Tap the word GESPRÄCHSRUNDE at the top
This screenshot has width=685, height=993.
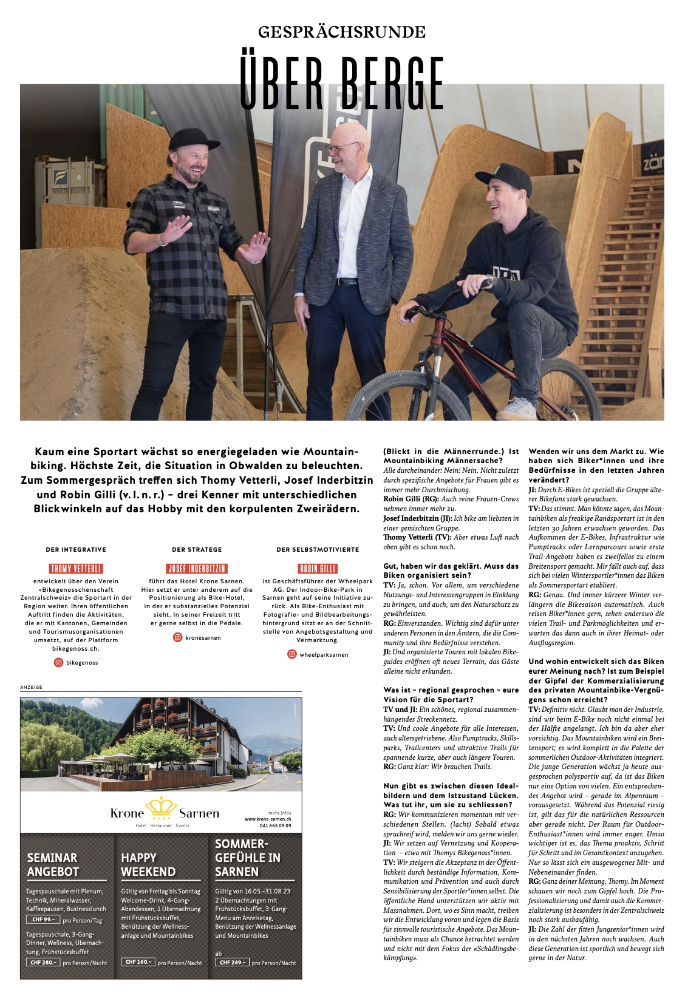[x=342, y=32]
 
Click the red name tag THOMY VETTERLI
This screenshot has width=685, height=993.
[x=76, y=569]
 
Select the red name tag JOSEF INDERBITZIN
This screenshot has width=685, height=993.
[x=197, y=569]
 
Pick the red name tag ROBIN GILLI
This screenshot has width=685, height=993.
[x=318, y=569]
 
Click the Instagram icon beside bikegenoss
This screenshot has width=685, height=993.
[x=59, y=662]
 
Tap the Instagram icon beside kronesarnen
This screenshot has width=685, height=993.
[x=178, y=637]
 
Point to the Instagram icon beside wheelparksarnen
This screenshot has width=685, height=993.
[x=292, y=654]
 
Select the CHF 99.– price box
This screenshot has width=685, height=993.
[x=43, y=920]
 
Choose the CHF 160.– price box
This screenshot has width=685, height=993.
[x=137, y=962]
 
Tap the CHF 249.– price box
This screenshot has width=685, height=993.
[x=232, y=962]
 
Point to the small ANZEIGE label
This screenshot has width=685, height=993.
[x=32, y=687]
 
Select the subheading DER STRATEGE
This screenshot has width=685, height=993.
[x=197, y=549]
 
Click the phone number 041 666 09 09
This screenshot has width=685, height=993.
[x=275, y=825]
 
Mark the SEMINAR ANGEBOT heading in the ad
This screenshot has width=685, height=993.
[x=53, y=865]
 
